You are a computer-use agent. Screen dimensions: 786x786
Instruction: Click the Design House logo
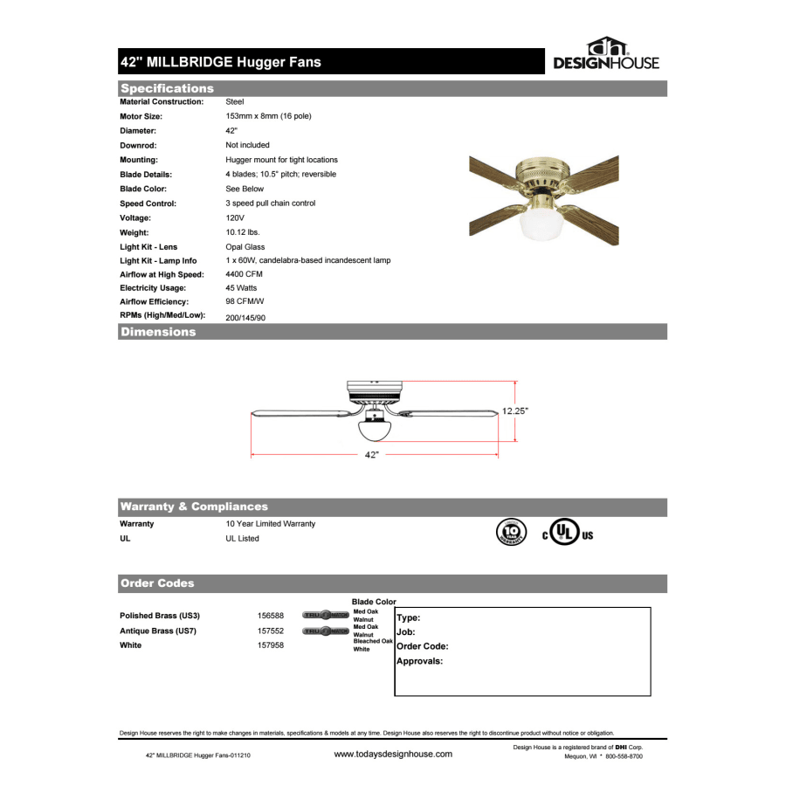606,55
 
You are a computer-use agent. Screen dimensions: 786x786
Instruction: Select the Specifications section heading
167,88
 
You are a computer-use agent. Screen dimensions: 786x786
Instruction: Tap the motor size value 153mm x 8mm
268,116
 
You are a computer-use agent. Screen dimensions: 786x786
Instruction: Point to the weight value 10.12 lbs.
243,232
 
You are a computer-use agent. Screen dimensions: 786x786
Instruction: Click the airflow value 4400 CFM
244,274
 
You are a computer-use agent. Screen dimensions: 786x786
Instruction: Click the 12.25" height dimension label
515,410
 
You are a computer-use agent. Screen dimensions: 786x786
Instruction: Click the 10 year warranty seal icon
511,532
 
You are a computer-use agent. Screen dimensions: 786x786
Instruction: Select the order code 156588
271,616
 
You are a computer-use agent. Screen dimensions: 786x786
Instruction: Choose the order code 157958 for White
271,645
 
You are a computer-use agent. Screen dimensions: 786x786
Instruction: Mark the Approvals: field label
420,661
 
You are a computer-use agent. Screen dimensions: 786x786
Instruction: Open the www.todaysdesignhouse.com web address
393,754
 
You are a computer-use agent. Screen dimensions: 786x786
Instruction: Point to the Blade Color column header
374,602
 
